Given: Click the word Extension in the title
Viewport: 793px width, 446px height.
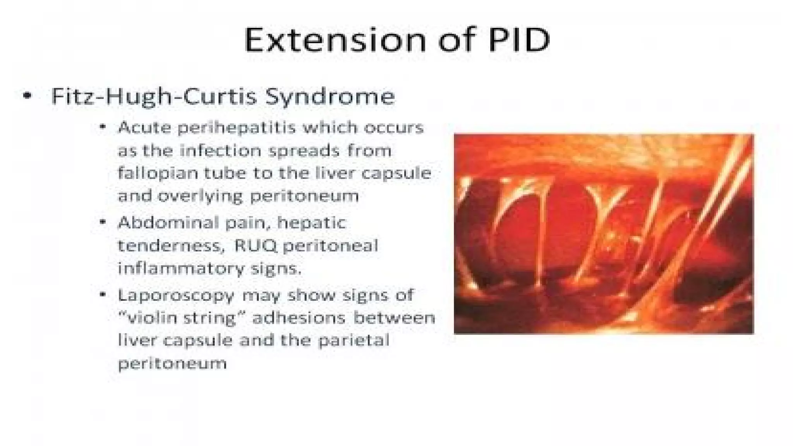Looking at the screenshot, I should pyautogui.click(x=335, y=40).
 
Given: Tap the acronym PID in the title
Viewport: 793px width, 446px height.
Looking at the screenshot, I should pyautogui.click(x=518, y=40).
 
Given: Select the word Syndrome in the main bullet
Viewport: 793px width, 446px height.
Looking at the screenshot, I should pyautogui.click(x=330, y=97).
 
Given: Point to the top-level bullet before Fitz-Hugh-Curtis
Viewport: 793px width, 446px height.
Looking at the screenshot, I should pyautogui.click(x=27, y=96).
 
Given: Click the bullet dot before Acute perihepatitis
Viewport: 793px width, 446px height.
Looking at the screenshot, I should pyautogui.click(x=102, y=127).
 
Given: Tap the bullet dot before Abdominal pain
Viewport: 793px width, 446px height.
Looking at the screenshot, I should pyautogui.click(x=102, y=222).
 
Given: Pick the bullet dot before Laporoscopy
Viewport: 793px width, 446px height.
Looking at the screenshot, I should pyautogui.click(x=102, y=295).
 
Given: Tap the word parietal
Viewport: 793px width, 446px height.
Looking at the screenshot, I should pyautogui.click(x=353, y=341).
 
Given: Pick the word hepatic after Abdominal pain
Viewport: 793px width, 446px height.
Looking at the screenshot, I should pyautogui.click(x=311, y=223).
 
